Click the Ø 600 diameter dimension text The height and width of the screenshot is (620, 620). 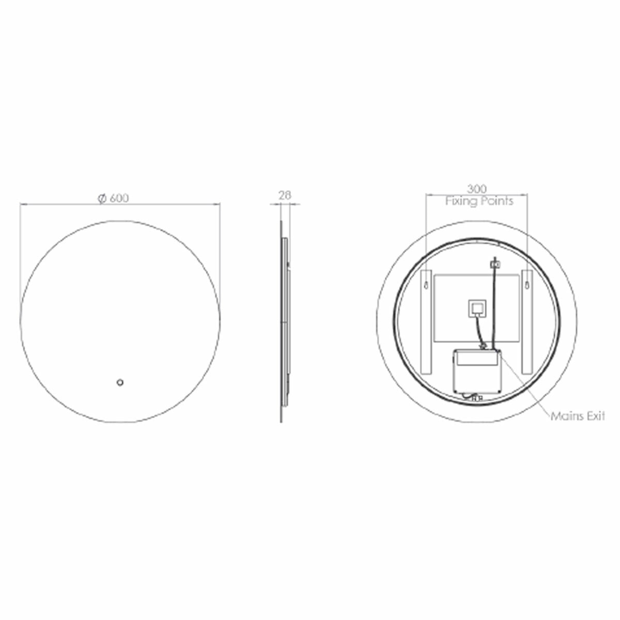[x=113, y=198]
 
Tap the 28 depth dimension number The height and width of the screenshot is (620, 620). [x=284, y=195]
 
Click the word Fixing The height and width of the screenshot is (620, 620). [x=461, y=202]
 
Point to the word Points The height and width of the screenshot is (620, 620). [x=497, y=201]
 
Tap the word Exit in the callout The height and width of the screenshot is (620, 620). [x=596, y=416]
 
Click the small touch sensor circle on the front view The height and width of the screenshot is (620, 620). [x=120, y=382]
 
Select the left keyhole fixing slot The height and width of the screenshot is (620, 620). [x=426, y=284]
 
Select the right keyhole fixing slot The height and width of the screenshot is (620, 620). [x=528, y=284]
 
